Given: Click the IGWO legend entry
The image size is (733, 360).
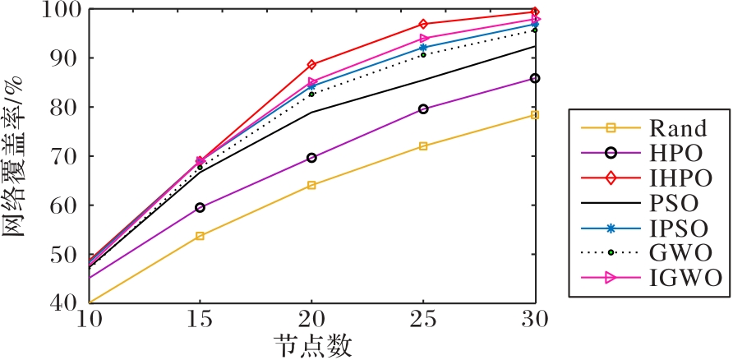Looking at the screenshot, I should (678, 279).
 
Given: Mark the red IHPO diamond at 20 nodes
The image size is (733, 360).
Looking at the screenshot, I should (311, 65).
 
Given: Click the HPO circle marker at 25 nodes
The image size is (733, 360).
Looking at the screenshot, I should (423, 108).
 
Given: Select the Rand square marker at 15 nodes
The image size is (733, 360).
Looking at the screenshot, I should (200, 236).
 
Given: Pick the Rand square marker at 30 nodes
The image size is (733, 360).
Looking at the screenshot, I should (535, 115).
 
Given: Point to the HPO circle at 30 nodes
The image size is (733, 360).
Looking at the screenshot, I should (535, 78).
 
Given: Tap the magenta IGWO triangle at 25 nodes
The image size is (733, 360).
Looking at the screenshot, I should (424, 39).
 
